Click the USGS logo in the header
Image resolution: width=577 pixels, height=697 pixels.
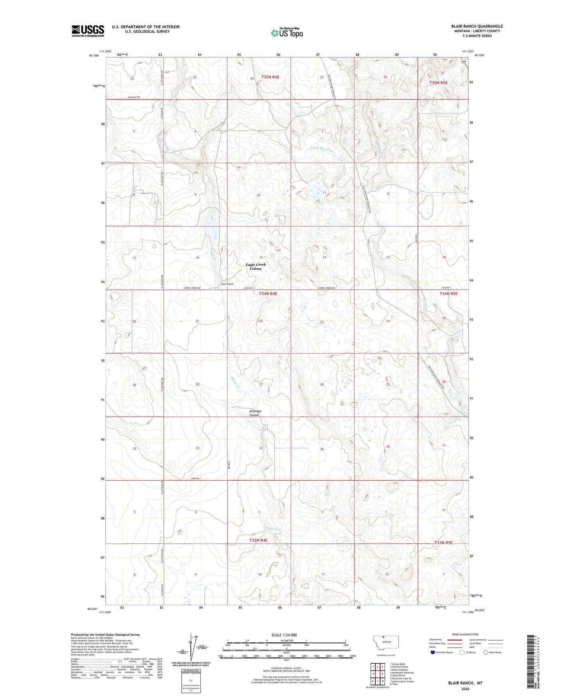click(x=87, y=31)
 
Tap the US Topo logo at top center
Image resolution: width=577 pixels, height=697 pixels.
click(x=287, y=33)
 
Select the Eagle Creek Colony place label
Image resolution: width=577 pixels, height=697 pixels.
click(x=256, y=267)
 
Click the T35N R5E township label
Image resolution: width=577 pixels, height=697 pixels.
click(x=438, y=83)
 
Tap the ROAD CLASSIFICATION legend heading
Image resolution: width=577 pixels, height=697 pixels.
click(x=465, y=634)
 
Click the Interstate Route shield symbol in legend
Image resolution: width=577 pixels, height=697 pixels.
click(x=434, y=652)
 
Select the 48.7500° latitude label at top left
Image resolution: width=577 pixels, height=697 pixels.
click(x=94, y=56)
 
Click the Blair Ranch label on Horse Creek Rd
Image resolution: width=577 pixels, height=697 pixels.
click(x=227, y=284)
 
